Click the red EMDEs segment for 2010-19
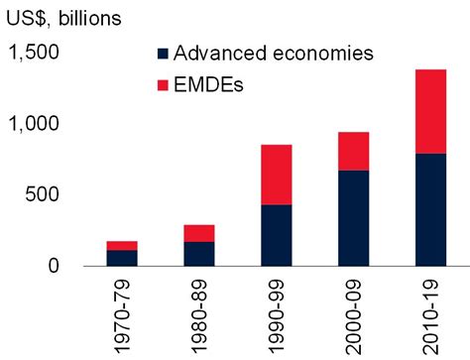pos(416,111)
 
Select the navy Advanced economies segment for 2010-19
pos(416,209)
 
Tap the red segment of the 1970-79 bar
pos(123,245)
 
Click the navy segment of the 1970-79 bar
pos(123,258)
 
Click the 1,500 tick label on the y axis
pos(35,54)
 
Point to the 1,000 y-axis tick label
pos(35,124)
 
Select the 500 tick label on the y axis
pos(44,194)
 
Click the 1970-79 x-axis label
pos(124,315)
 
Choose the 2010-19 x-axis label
pos(417,315)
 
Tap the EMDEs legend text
pos(211,85)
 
